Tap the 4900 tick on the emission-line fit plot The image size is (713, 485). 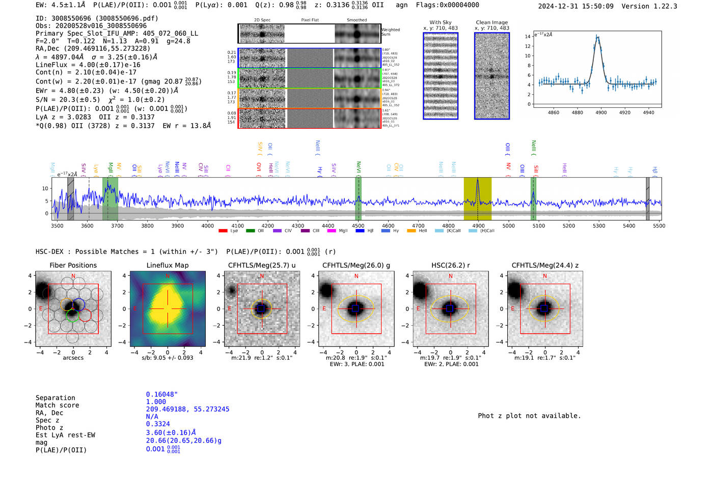601,112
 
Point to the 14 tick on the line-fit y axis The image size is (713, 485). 528,37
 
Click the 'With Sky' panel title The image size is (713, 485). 440,22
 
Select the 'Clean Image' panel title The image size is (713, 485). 491,22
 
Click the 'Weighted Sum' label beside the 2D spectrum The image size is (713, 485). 391,32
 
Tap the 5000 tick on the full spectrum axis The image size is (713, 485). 508,226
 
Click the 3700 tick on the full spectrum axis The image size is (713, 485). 117,226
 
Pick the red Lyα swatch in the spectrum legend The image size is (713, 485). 223,231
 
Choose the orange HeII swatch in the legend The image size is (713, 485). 411,231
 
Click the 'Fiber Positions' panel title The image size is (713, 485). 73,265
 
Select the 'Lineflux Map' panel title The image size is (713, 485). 168,265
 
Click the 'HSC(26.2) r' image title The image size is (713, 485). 450,265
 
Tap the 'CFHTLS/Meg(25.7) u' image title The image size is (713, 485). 262,265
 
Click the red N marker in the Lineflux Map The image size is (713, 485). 168,276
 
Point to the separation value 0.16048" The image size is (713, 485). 161,394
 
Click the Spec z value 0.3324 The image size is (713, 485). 158,424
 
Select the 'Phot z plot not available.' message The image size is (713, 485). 529,416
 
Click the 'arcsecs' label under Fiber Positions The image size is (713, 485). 73,358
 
